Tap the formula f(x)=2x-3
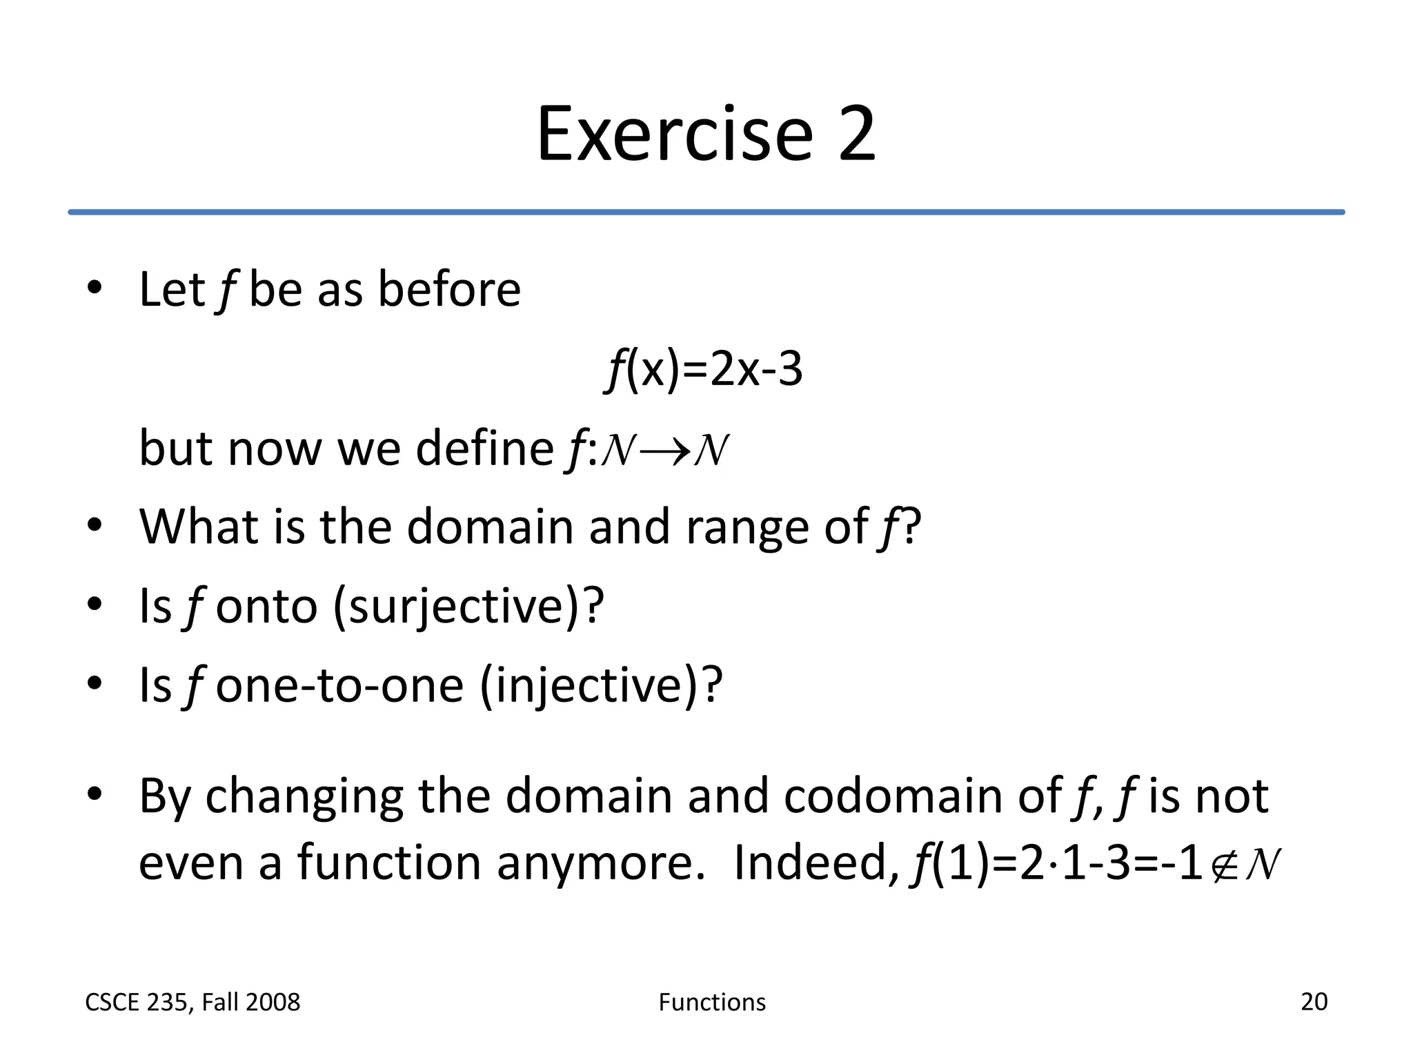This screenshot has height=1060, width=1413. (x=704, y=369)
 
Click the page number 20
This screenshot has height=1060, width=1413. (x=1314, y=1001)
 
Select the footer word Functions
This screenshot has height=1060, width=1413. (x=712, y=1002)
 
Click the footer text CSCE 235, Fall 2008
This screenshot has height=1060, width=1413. (x=192, y=1002)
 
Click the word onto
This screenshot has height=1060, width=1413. (x=266, y=606)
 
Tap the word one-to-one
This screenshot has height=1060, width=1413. (x=339, y=685)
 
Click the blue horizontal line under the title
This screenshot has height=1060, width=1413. (x=706, y=212)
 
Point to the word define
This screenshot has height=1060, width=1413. (x=484, y=449)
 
